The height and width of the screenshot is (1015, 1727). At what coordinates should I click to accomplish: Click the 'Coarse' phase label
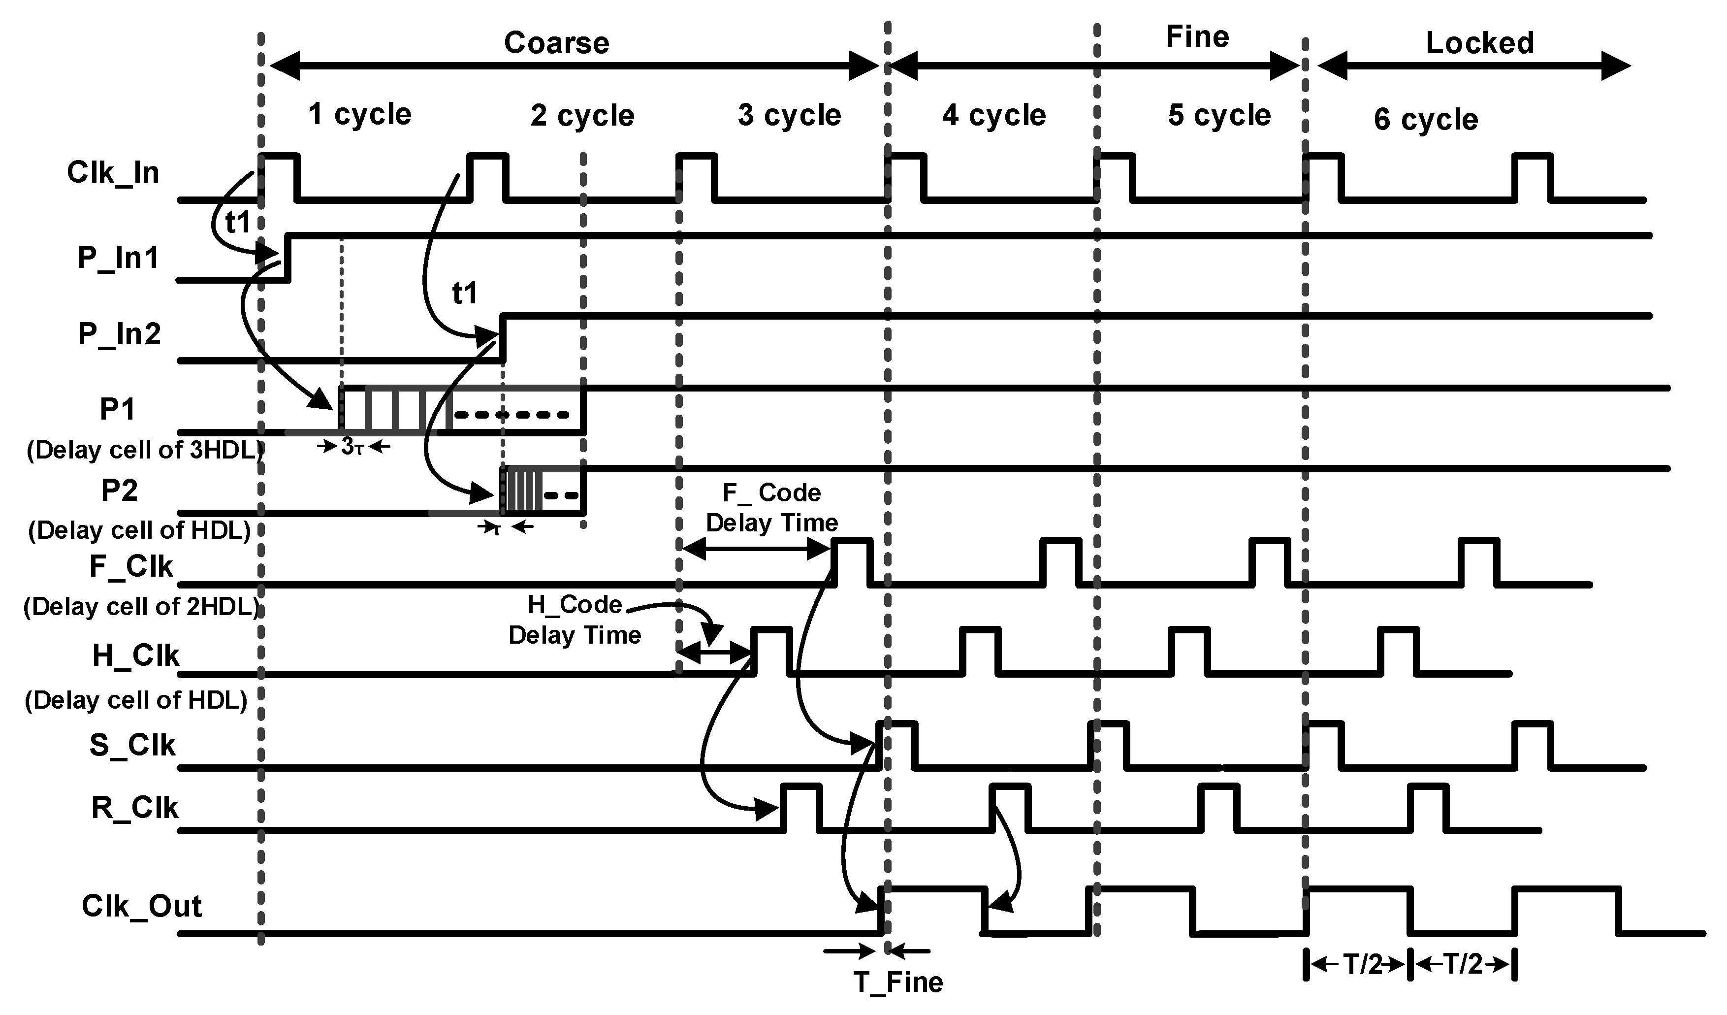[x=556, y=43]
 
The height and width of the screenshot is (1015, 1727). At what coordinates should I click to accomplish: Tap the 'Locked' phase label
[x=1479, y=43]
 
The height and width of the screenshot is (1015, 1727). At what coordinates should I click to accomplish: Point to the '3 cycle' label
[x=789, y=115]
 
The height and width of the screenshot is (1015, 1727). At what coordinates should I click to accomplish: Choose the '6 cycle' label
[x=1425, y=119]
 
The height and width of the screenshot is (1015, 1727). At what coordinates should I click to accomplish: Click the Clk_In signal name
[x=113, y=173]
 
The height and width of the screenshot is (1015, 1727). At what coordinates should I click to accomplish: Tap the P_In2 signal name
[x=119, y=334]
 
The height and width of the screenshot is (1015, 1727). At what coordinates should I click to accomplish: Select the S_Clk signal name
[x=132, y=745]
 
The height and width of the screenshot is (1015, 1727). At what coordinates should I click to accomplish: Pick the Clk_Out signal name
[x=141, y=906]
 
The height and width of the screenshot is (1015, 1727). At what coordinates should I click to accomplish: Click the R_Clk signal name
[x=134, y=808]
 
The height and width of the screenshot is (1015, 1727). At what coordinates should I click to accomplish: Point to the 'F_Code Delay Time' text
[x=771, y=508]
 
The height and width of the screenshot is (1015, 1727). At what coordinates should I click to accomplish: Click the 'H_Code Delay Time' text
[x=575, y=620]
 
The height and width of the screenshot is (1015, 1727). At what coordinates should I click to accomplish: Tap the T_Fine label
[x=898, y=982]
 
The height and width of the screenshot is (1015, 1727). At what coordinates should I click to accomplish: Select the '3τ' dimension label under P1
[x=352, y=447]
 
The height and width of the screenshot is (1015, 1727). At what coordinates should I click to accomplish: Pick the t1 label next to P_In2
[x=465, y=294]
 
